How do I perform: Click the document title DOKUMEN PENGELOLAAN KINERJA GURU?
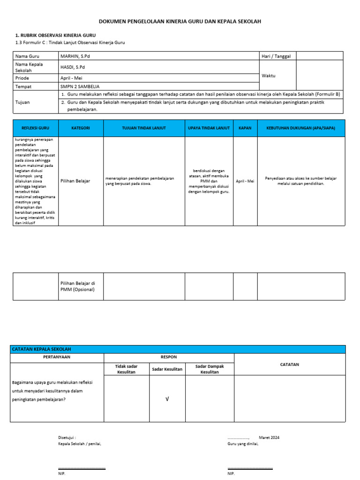180,22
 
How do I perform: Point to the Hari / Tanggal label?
277,56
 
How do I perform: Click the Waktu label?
269,75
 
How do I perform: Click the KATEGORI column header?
80,128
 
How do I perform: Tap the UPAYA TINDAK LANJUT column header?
209,128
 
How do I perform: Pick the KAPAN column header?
245,128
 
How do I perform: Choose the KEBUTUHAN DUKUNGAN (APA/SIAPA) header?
300,128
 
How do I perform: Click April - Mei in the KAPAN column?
245,181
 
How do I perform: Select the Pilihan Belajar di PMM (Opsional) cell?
78,286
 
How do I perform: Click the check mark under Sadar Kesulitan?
167,398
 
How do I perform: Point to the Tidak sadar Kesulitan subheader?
126,369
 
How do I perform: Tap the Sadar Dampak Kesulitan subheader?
210,369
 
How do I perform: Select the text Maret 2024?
269,437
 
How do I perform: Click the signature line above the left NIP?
82,468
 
